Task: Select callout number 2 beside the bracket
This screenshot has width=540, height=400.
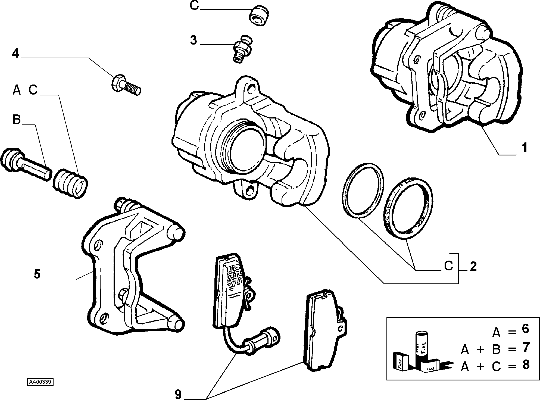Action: (x=473, y=267)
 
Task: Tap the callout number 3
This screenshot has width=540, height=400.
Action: (x=193, y=40)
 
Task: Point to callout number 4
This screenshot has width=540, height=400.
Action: (x=16, y=53)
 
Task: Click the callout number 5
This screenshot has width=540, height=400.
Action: (x=37, y=274)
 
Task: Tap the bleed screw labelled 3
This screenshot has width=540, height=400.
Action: (x=242, y=49)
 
